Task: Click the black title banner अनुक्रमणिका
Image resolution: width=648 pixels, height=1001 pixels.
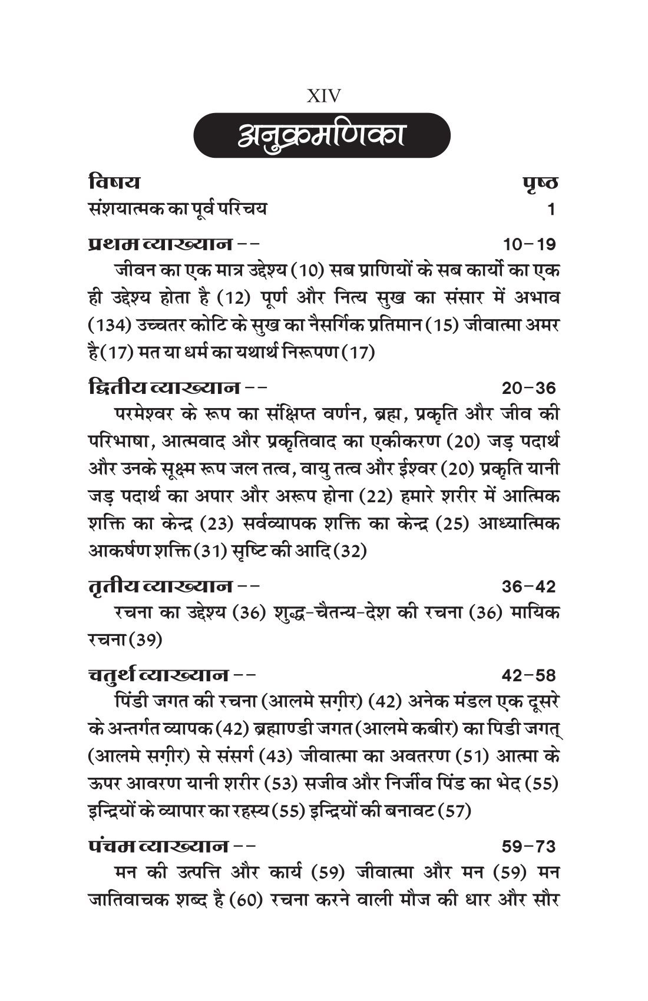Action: click(x=322, y=135)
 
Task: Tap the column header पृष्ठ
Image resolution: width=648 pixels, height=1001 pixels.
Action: click(x=540, y=183)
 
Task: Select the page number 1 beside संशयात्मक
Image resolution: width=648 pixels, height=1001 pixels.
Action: click(x=551, y=210)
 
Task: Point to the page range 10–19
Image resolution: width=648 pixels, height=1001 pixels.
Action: click(x=529, y=244)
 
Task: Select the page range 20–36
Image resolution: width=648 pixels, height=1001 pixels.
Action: click(x=529, y=388)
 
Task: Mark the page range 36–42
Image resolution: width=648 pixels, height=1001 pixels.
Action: click(x=529, y=586)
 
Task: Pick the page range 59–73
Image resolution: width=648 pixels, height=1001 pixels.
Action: click(x=529, y=847)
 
